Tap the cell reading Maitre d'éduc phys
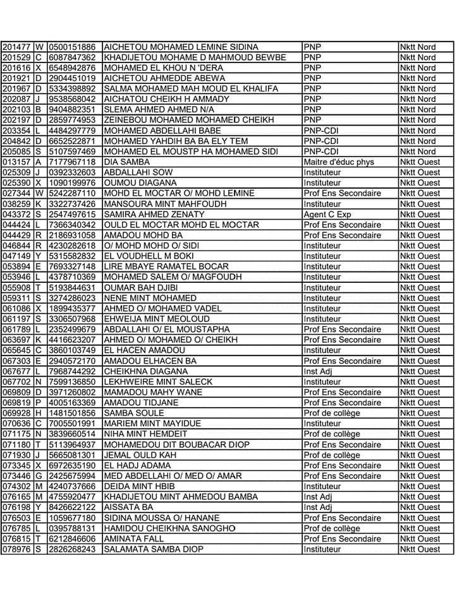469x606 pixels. [x=339, y=162]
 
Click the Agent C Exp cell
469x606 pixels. [x=327, y=215]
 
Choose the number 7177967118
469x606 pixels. [x=72, y=162]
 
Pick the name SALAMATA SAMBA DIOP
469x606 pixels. [x=154, y=549]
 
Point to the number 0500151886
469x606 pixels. [x=72, y=47]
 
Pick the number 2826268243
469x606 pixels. [x=72, y=549]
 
